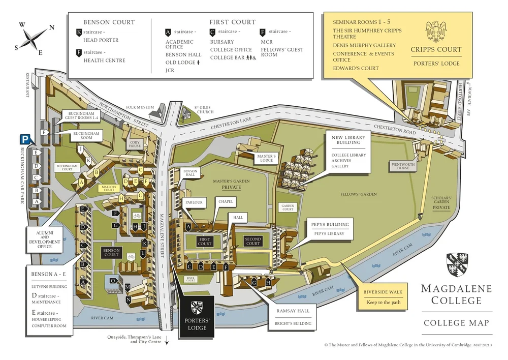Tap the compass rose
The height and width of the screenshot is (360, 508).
click(x=33, y=38)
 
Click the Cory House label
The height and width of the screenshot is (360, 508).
click(x=135, y=144)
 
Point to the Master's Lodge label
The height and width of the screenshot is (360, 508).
click(x=266, y=158)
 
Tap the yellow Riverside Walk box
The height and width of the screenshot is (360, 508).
click(x=383, y=297)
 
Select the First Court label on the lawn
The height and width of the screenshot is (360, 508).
click(x=205, y=241)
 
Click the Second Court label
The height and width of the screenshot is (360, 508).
click(x=252, y=242)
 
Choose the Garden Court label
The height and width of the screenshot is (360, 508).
click(x=288, y=207)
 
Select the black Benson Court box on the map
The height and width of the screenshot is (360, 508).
click(x=111, y=253)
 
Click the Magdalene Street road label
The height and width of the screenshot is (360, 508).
click(x=164, y=214)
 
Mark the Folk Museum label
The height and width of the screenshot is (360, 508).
click(x=138, y=107)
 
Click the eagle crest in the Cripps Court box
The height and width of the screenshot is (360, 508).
click(x=436, y=32)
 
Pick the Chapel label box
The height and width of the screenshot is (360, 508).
click(x=226, y=202)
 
